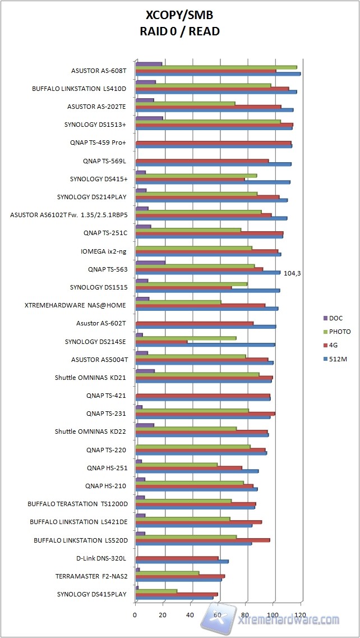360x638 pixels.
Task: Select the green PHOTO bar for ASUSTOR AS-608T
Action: point(216,67)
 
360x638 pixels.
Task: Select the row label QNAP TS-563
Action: point(107,269)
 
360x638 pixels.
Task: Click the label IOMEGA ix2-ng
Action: point(104,251)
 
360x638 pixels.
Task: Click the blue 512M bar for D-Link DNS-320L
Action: point(182,561)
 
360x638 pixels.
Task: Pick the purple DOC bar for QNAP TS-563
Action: point(150,263)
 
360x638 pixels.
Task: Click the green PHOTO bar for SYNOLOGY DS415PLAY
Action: point(156,591)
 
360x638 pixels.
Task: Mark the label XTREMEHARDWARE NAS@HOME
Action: point(75,306)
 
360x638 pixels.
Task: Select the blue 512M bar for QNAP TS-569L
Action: point(213,164)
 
